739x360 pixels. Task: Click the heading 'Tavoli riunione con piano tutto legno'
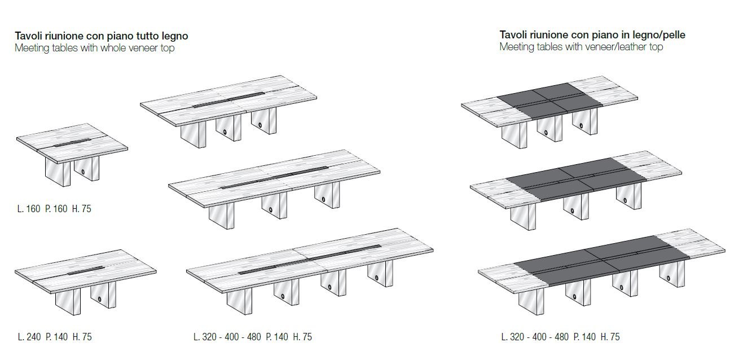click(102, 36)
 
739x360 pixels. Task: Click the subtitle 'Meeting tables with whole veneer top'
click(95, 48)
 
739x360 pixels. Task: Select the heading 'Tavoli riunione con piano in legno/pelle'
click(592, 34)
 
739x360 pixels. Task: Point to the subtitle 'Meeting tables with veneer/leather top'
click(581, 47)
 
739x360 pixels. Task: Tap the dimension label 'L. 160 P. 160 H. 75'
click(54, 209)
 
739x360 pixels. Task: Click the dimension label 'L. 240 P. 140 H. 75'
click(54, 336)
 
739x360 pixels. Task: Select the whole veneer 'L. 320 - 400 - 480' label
click(227, 336)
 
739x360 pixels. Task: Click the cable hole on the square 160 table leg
click(82, 172)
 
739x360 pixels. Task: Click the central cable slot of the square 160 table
click(71, 143)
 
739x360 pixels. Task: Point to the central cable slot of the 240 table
click(86, 271)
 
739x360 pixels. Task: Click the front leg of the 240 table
click(68, 301)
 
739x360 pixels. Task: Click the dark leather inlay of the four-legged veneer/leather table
click(602, 261)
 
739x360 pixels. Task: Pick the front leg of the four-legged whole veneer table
click(239, 301)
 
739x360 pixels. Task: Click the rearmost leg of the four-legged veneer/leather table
click(672, 274)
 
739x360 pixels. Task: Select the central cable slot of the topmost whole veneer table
click(228, 100)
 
